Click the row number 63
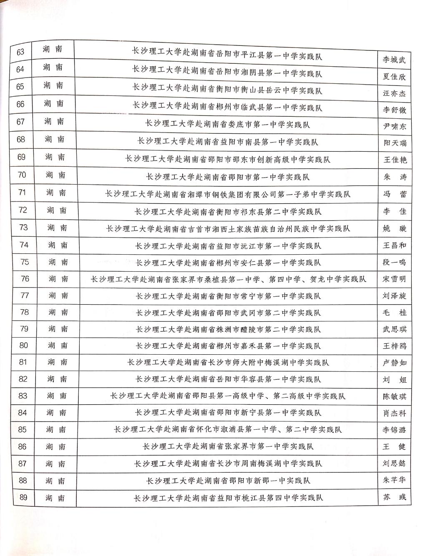(20, 52)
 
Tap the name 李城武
(394, 60)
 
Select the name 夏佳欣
(394, 77)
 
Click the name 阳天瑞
(394, 143)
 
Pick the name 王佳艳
(394, 160)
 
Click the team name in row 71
(228, 194)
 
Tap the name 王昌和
(394, 245)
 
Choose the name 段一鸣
(394, 262)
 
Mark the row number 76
(25, 279)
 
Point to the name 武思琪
(394, 329)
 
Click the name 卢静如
(394, 363)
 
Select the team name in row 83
(228, 396)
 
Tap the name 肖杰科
(394, 413)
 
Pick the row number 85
(23, 430)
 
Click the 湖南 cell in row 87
(56, 463)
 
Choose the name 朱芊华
(394, 480)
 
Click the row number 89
(23, 497)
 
